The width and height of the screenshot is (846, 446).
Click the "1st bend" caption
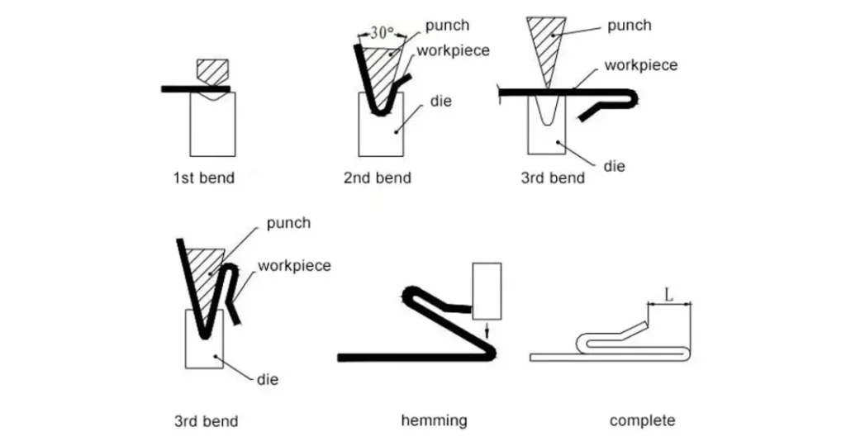(203, 178)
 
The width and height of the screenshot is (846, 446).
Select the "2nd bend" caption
(377, 178)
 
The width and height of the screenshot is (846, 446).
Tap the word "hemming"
(434, 420)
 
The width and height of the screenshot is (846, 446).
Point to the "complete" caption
(642, 420)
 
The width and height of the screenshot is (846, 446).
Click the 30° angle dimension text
(383, 35)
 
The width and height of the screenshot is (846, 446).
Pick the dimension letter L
(670, 294)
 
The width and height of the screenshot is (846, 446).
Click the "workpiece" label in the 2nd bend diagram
(453, 50)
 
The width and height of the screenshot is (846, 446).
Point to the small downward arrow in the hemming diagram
(487, 329)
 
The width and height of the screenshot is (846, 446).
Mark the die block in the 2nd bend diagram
(381, 132)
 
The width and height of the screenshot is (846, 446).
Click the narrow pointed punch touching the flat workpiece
(543, 45)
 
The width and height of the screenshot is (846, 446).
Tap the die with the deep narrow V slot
(546, 132)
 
